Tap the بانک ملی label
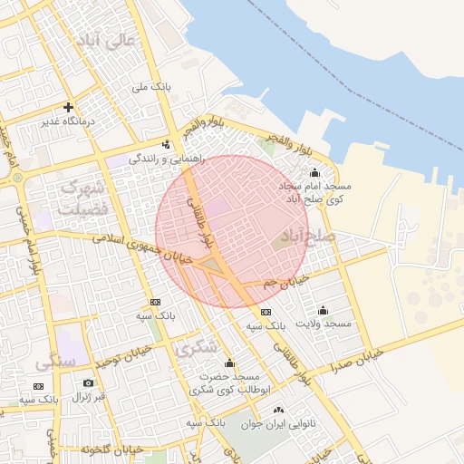(x=151, y=87)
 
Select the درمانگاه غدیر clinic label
(x=69, y=121)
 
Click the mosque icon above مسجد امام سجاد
(x=314, y=173)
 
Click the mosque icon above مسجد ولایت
(x=324, y=310)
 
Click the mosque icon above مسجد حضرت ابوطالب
(x=229, y=363)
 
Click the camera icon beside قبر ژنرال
(x=88, y=383)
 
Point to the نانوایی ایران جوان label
(x=276, y=423)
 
